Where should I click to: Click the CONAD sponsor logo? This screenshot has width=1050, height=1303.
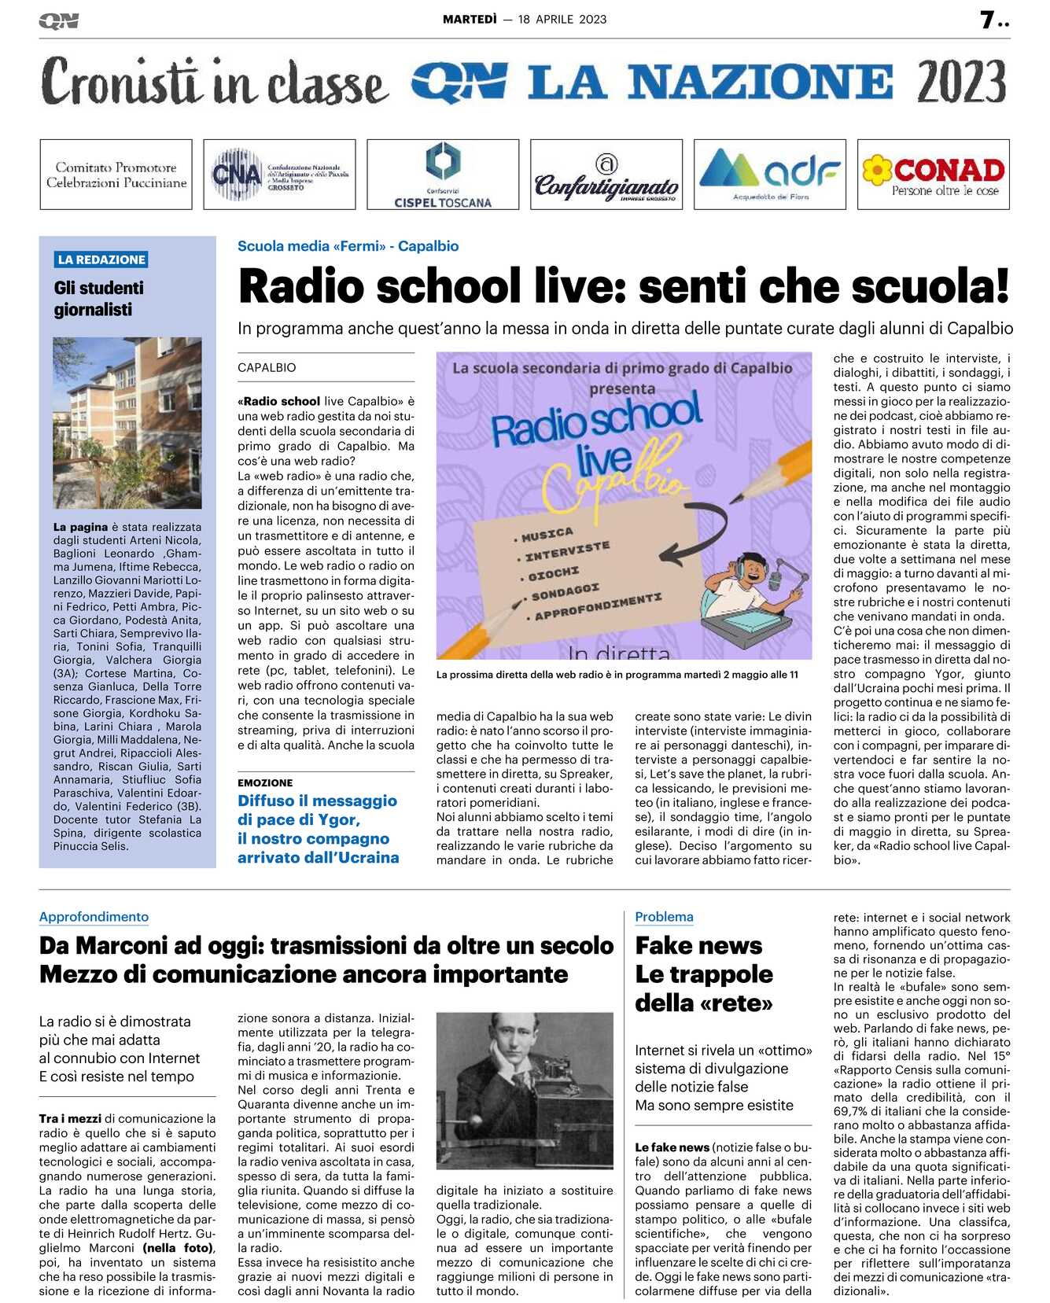coord(934,175)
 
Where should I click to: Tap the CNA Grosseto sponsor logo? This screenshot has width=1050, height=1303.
coord(279,175)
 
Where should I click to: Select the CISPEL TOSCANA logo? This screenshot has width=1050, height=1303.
coord(443,175)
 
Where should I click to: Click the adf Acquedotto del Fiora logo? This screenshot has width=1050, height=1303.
coord(770,175)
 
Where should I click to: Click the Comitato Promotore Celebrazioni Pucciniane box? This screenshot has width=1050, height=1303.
coord(116,175)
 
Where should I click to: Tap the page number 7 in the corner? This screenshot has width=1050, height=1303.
coord(988,20)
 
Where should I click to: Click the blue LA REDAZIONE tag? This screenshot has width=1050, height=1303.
coord(101,259)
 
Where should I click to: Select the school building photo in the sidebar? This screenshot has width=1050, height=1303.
coord(127,422)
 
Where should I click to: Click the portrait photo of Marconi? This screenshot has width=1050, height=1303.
coord(525,1090)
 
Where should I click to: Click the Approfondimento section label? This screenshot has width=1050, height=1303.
coord(94,917)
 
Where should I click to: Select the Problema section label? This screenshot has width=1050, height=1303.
coord(664,917)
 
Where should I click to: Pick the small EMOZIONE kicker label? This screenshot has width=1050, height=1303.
coord(265,783)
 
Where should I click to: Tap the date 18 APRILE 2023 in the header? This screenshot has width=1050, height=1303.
coord(562,20)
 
